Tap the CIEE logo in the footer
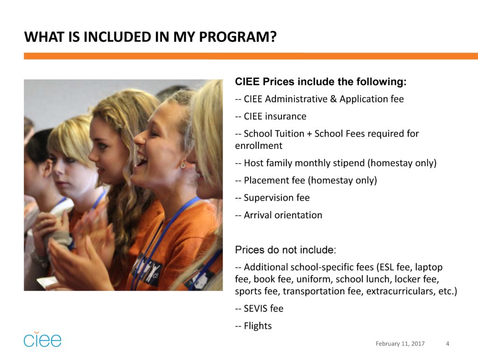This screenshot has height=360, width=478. (42, 339)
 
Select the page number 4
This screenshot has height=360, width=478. (448, 344)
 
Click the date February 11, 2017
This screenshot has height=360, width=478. (400, 344)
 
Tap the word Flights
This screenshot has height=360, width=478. (258, 326)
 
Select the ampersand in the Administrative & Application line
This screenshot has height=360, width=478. (333, 99)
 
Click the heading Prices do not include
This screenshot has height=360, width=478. (285, 250)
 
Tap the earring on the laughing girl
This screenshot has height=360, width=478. (183, 165)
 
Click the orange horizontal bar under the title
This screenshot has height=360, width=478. (251, 56)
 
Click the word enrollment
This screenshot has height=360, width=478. (259, 146)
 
